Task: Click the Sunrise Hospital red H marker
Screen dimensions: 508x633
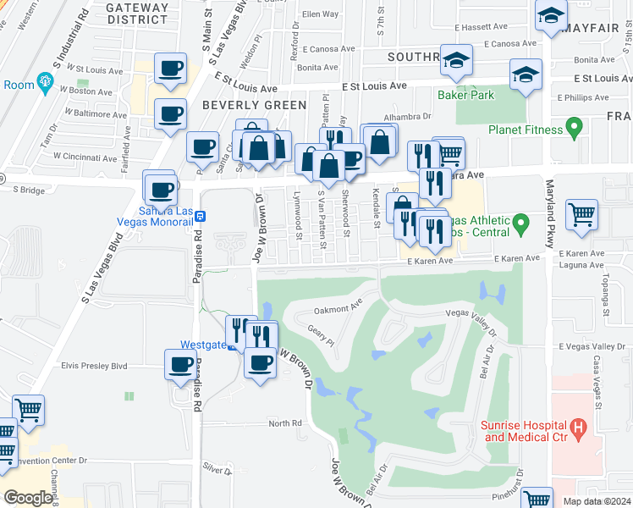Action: click(579, 429)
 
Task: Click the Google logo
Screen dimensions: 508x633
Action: click(28, 498)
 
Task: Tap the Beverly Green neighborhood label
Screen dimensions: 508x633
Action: click(254, 105)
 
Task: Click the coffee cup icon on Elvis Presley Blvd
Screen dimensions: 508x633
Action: click(181, 365)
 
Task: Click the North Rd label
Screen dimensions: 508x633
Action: click(285, 423)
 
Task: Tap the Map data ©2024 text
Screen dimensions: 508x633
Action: click(597, 501)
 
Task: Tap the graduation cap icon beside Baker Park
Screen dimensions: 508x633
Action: click(526, 75)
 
